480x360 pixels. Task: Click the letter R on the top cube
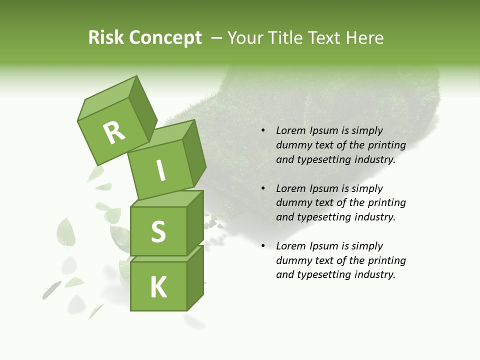coord(114,132)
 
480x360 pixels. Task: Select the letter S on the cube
coord(158,231)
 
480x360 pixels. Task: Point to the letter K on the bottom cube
coord(158,287)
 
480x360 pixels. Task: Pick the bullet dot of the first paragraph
coord(263,131)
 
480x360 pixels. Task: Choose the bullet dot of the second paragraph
coord(263,188)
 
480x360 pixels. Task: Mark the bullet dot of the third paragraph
coord(263,246)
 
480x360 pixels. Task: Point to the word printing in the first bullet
coord(386,145)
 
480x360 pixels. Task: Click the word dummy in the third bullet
coord(293,260)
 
